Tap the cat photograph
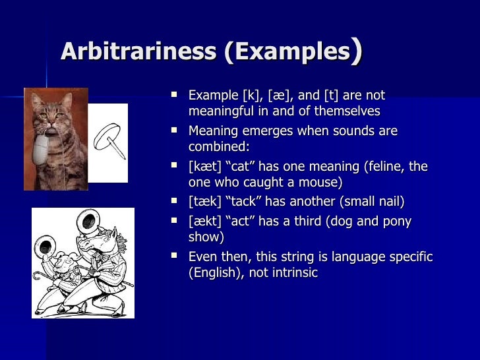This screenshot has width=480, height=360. click(55, 138)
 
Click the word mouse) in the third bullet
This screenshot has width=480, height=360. click(323, 183)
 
